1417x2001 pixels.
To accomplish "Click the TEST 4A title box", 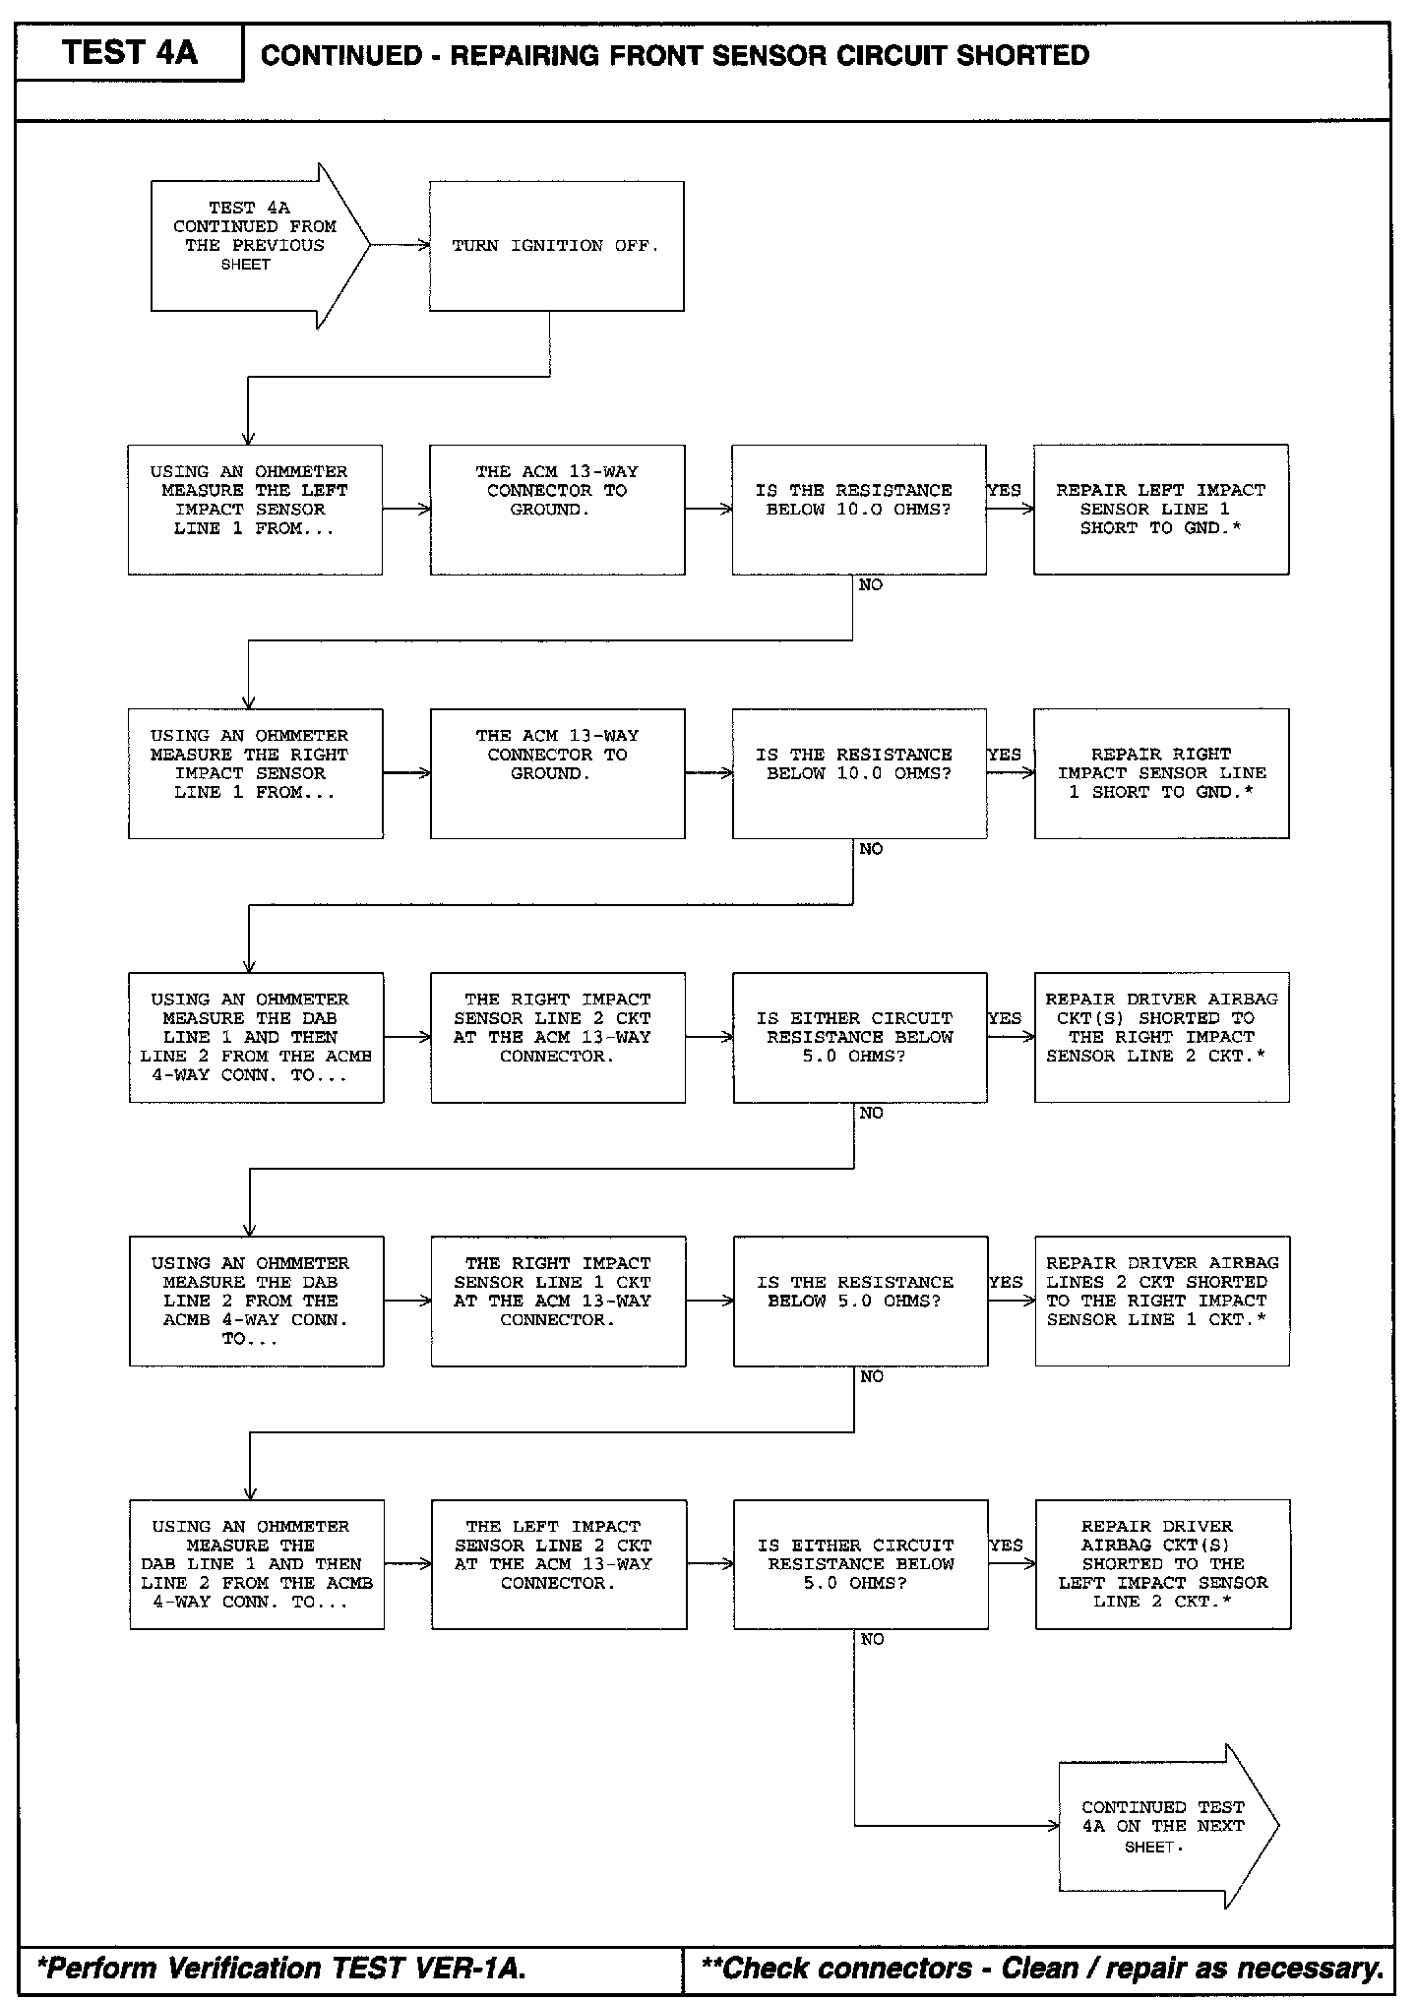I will click(129, 53).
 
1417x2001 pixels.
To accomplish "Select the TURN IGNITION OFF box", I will click(556, 246).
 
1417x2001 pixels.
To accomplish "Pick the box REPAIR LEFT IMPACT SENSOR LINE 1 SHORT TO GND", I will click(1161, 510).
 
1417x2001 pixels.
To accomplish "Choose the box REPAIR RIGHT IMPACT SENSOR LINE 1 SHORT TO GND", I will click(1161, 773).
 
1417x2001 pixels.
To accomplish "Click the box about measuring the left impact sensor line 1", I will click(255, 510).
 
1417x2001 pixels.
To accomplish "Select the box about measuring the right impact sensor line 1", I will click(255, 773).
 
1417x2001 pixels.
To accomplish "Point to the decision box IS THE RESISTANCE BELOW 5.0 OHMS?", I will click(860, 1301).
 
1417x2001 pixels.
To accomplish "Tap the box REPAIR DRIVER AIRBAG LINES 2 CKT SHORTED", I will click(1162, 1301).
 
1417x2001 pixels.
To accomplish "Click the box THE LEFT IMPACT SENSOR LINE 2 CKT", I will click(558, 1564).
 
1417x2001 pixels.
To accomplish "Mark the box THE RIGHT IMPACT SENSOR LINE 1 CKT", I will click(558, 1301).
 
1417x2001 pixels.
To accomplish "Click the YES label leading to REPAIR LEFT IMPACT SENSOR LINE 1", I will click(1004, 491).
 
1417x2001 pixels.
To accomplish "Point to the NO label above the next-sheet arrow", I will click(872, 1640).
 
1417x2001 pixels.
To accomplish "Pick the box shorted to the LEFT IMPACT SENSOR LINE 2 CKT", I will click(1163, 1564).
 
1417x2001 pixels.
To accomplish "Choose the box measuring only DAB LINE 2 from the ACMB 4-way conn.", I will click(256, 1301).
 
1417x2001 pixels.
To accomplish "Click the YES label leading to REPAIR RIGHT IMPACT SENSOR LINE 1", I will click(1004, 755).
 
